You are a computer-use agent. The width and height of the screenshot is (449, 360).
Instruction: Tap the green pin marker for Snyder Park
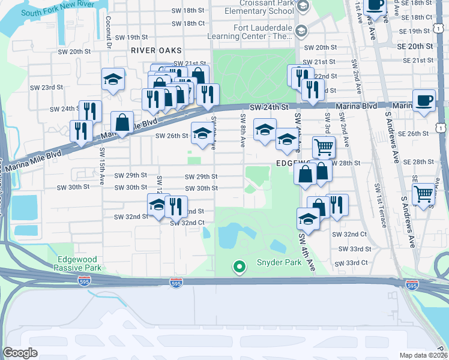click(240, 266)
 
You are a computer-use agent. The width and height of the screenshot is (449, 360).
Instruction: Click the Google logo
click(20, 353)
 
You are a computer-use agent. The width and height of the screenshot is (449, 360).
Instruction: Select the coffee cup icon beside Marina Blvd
click(424, 101)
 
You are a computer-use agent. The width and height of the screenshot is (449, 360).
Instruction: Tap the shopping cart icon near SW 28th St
click(324, 146)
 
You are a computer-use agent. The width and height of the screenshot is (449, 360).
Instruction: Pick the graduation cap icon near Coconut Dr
click(112, 80)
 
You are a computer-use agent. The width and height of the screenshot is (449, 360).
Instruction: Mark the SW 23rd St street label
click(47, 88)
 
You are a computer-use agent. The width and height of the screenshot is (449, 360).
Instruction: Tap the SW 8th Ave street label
click(243, 130)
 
